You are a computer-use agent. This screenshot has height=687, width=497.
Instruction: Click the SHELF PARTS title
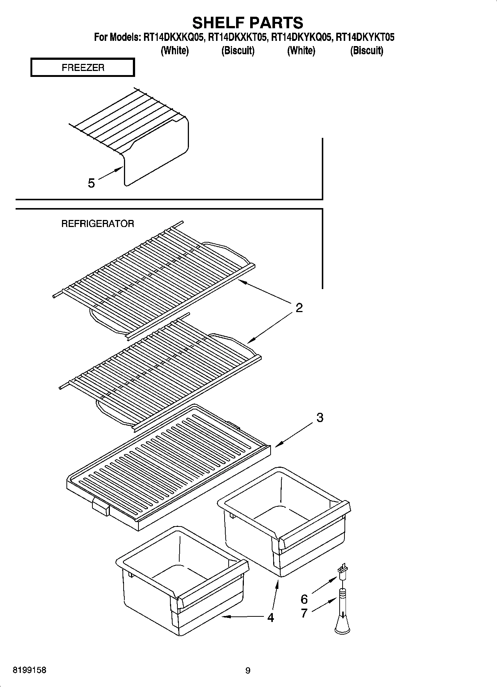(x=248, y=23)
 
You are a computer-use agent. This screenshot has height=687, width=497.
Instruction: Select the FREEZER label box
(x=82, y=68)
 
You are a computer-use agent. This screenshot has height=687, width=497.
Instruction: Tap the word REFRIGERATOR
(x=98, y=224)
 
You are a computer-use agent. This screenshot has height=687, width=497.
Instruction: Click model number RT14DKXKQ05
(x=174, y=38)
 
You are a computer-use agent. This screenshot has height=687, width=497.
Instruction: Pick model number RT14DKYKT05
(x=365, y=38)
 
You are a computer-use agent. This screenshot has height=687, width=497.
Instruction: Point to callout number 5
(x=91, y=183)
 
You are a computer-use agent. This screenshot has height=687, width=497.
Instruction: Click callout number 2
(x=299, y=308)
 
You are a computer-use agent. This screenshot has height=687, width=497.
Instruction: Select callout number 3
(x=320, y=418)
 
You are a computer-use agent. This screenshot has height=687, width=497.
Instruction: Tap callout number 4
(x=271, y=618)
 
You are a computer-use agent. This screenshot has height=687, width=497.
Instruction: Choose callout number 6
(x=304, y=599)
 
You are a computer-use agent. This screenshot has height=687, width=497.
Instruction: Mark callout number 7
(x=304, y=613)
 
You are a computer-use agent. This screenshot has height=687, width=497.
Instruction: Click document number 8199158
(x=30, y=670)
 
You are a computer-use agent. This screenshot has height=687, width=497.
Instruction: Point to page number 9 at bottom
(x=248, y=671)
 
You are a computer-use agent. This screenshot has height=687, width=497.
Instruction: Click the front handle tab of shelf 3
(x=101, y=507)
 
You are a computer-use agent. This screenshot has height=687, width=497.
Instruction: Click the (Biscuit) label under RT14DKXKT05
(x=238, y=51)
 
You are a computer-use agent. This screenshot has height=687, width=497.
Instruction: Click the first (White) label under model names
(x=174, y=51)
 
